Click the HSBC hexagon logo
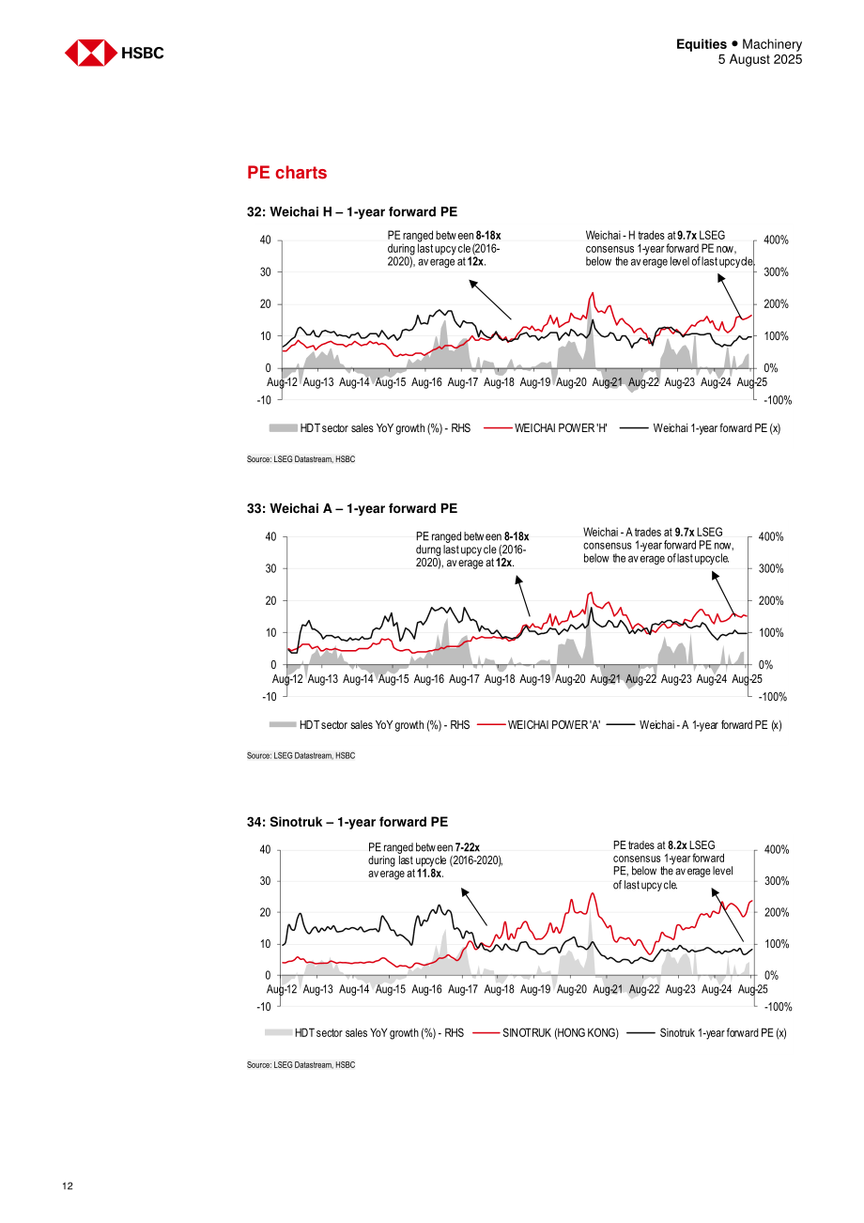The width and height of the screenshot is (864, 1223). click(91, 53)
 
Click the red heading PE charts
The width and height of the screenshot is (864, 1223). click(286, 173)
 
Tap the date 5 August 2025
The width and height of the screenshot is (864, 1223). click(760, 59)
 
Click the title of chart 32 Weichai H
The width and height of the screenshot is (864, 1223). click(352, 212)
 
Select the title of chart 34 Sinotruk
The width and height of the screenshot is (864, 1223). click(347, 822)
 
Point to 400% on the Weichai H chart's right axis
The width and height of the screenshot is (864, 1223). click(776, 240)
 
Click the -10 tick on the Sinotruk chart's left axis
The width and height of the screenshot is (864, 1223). click(264, 1007)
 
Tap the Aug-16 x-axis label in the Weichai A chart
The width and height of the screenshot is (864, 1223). click(429, 679)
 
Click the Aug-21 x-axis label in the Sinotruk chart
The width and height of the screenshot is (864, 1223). click(608, 989)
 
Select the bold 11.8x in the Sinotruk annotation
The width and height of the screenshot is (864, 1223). click(429, 874)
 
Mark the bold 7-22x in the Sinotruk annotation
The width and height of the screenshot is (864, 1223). click(467, 847)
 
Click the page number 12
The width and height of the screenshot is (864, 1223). click(68, 1185)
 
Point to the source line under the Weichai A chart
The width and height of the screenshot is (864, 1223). click(301, 755)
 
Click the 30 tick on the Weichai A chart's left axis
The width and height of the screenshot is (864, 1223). click(270, 569)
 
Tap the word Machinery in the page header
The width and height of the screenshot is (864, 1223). click(772, 44)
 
